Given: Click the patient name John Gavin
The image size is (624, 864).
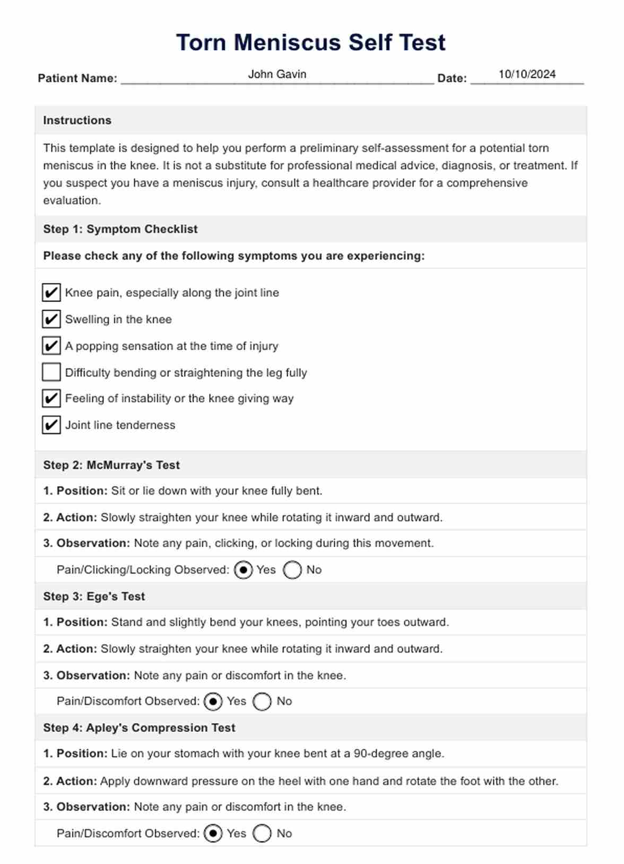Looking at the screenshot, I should point(277,74).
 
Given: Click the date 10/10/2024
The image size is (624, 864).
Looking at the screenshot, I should point(527,74).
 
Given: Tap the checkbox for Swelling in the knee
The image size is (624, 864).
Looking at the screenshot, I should point(51,319).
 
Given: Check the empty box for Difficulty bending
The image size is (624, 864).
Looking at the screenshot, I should point(51,372).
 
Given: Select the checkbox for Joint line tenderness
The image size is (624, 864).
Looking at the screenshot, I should point(51,425).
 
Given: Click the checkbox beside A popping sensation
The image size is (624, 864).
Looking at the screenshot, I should point(51,346).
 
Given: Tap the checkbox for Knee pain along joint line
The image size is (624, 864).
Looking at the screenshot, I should point(51,293).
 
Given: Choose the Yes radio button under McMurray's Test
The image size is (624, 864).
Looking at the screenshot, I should point(243,570).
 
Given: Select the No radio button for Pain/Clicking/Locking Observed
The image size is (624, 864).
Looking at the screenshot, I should point(292,570).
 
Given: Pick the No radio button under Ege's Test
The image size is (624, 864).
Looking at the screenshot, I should point(262,701).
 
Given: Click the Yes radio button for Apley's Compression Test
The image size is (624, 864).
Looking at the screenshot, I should point(213,833).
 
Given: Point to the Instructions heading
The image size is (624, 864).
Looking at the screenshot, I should point(77,120).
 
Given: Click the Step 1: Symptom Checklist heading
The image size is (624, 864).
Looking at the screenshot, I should point(120,229).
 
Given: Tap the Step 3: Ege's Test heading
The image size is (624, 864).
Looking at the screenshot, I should point(94,596).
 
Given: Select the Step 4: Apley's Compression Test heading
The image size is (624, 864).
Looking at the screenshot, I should point(139,728).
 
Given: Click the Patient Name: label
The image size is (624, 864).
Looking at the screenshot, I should point(77,78).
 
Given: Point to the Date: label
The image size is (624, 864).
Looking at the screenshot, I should point(452,78).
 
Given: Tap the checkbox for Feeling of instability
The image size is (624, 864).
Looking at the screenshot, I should point(51,398).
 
